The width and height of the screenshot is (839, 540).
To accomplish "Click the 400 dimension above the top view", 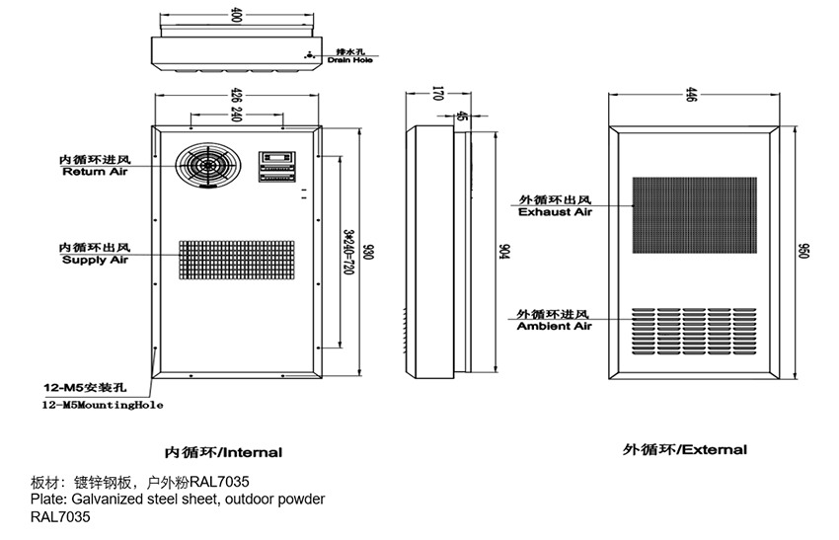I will (x=236, y=15).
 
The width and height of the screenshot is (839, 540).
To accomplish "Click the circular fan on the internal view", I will (x=208, y=165).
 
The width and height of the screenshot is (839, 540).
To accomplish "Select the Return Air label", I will (x=95, y=172).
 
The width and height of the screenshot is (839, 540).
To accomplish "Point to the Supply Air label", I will (x=95, y=261).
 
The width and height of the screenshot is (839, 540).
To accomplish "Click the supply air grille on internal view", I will (x=236, y=266).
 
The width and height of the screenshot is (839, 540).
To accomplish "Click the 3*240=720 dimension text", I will (x=348, y=252).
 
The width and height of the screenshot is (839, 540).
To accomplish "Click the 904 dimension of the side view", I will (x=502, y=252).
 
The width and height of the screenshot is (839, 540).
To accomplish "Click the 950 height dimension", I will (x=804, y=252).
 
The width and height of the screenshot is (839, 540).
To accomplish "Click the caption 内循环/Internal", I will (x=223, y=453).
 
